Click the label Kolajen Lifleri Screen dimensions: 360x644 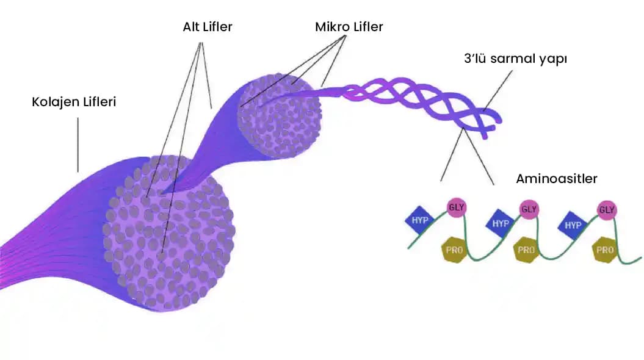click(x=74, y=101)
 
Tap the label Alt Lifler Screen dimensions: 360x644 click(x=208, y=27)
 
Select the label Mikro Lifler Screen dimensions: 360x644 click(x=349, y=27)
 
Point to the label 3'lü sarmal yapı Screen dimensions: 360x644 click(x=516, y=60)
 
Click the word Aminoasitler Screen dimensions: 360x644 click(x=556, y=179)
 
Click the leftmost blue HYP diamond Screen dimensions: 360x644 click(x=420, y=220)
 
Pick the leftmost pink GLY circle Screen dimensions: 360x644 click(x=456, y=207)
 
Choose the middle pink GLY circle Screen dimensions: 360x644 click(x=529, y=209)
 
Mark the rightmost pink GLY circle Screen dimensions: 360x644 click(x=606, y=211)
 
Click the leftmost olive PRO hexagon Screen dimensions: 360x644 click(x=452, y=250)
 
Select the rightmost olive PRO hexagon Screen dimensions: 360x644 click(x=605, y=250)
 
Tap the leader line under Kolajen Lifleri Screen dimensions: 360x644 click(x=78, y=145)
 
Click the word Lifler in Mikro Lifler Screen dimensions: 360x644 click(x=366, y=27)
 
